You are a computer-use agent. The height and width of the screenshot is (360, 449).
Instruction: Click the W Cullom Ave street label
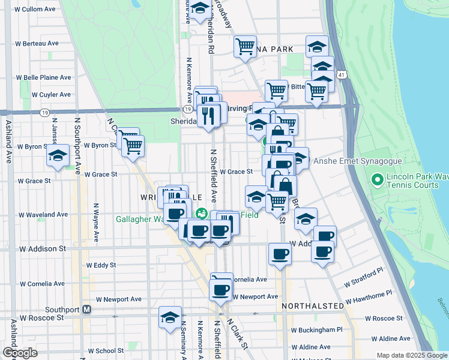coord(35,10)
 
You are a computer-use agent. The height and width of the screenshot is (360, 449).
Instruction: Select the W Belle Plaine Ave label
coord(43,77)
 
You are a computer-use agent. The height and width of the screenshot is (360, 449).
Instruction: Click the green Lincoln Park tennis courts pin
coord(378,179)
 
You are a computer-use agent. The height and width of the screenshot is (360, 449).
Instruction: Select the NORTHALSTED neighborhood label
coord(313,306)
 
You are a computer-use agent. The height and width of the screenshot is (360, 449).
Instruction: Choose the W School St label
coord(106,350)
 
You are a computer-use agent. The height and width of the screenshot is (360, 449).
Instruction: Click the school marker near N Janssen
coord(57,157)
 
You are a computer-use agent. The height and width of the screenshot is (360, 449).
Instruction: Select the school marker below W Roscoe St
coord(170,317)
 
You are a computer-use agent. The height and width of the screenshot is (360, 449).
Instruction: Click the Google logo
coord(20,353)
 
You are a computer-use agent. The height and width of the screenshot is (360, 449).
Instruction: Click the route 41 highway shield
coord(340,74)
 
